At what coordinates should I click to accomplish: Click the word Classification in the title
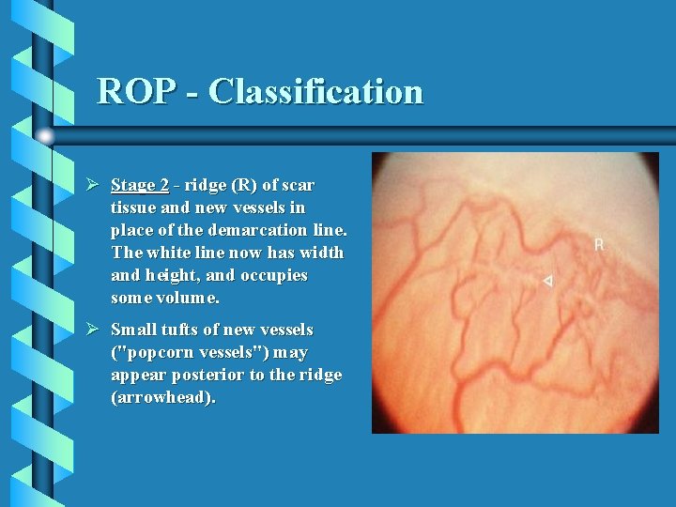(x=315, y=92)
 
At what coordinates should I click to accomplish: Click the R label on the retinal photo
(x=599, y=244)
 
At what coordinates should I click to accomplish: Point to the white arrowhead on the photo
(x=548, y=281)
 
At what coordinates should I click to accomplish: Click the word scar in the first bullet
(x=299, y=185)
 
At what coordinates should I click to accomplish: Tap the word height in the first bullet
(x=170, y=275)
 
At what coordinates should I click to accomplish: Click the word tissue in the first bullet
(x=135, y=207)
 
